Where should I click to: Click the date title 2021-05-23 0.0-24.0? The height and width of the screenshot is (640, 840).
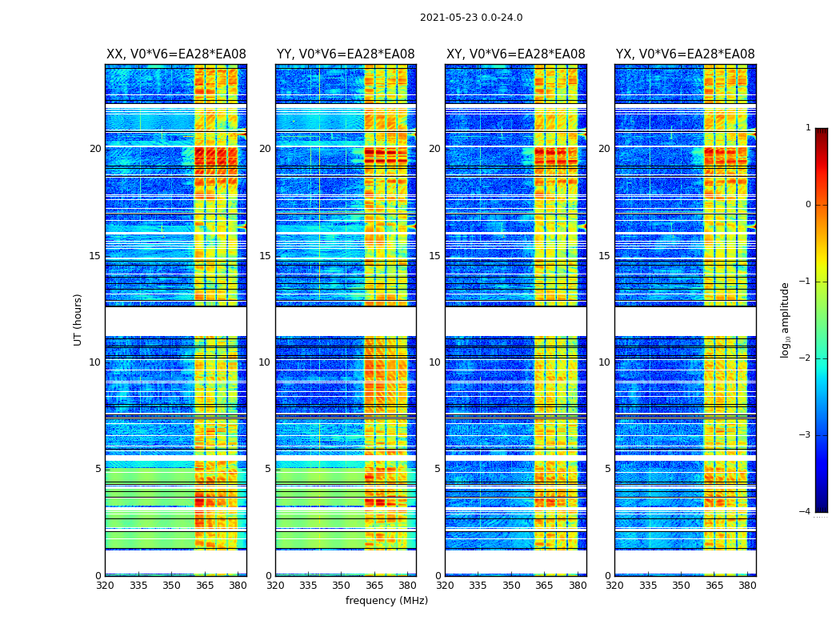(471, 18)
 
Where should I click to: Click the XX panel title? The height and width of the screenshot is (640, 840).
(176, 54)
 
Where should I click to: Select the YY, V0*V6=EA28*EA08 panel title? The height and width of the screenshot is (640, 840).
(346, 54)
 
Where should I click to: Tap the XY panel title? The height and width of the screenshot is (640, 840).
(516, 54)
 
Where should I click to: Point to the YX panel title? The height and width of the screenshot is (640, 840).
(686, 54)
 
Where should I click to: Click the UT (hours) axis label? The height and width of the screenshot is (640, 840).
(78, 319)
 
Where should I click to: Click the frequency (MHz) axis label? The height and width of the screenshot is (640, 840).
(386, 601)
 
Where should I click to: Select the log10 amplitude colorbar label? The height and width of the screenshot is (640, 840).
(786, 319)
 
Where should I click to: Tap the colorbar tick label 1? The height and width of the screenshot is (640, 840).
(807, 128)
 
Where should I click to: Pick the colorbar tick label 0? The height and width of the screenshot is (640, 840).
(807, 205)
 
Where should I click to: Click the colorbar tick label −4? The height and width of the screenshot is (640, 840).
(806, 512)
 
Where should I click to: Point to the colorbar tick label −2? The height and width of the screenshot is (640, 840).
(806, 358)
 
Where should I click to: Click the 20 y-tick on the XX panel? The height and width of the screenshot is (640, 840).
(95, 149)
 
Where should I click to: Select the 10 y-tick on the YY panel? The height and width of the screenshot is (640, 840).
(265, 362)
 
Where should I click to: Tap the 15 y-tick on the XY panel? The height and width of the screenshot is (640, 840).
(434, 256)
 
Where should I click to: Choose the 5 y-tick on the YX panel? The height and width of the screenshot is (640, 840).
(607, 469)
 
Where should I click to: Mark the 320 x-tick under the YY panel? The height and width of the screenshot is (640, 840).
(275, 585)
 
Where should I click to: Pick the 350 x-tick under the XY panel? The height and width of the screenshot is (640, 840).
(511, 585)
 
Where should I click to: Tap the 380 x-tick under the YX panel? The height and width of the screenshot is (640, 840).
(747, 585)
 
